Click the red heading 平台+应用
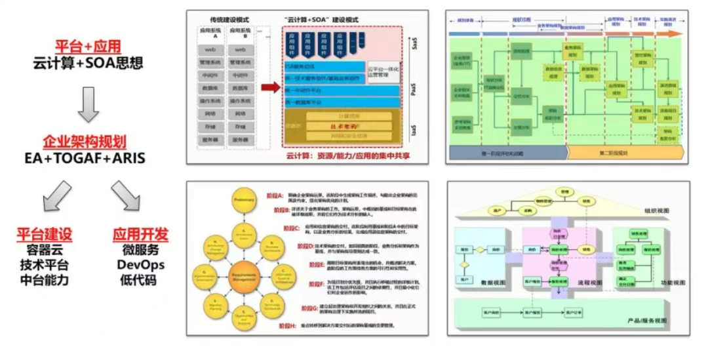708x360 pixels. coord(87,47)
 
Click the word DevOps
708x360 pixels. coord(140,265)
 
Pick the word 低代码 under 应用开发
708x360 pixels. coord(140,281)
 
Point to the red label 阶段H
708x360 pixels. coord(285,326)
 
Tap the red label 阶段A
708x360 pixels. coord(285,195)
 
